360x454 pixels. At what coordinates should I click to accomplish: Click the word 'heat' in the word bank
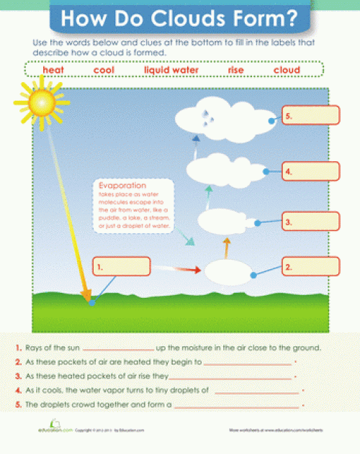(x=53, y=70)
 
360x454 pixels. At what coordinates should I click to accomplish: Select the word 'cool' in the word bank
(x=104, y=70)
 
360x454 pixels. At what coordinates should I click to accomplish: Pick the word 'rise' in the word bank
(x=236, y=70)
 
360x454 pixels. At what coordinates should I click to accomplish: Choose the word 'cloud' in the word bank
(x=287, y=70)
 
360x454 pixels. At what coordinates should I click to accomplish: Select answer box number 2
(x=310, y=267)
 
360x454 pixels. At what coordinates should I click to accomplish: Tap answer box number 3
(x=310, y=222)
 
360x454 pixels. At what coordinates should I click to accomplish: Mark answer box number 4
(x=310, y=171)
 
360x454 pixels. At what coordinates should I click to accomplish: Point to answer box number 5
(x=310, y=115)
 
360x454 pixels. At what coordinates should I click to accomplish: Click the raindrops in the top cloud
(x=207, y=117)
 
